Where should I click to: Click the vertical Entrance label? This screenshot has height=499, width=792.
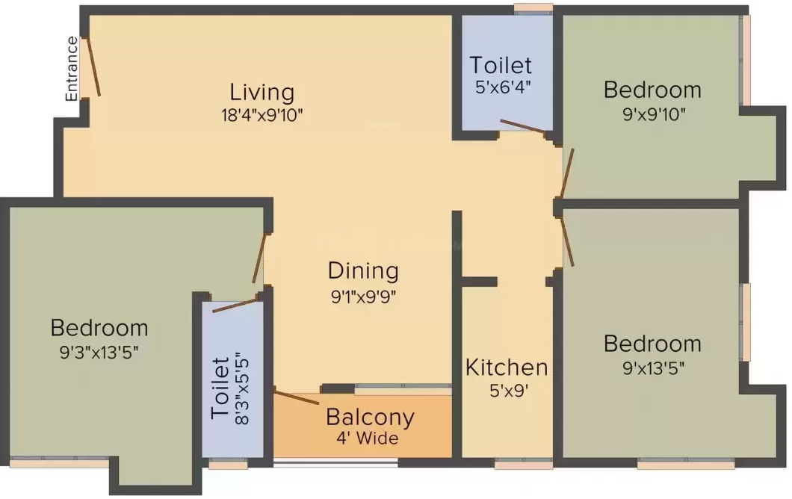coord(72,69)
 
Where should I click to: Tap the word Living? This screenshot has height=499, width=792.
coord(262,92)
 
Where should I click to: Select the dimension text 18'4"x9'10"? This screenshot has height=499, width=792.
coord(262,115)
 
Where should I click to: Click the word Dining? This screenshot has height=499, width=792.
coord(363,271)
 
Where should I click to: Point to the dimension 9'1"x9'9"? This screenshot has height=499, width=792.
coord(363,297)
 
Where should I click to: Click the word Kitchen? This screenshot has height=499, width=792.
coord(507,368)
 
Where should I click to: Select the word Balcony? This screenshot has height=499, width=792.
coord(371,418)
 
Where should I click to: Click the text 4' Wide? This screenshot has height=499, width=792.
coord(367,438)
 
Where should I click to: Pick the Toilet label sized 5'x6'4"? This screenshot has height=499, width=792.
coord(501,65)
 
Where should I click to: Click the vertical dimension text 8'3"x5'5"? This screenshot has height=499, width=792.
coord(242,389)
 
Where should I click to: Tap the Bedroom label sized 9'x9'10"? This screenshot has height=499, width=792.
coord(652,90)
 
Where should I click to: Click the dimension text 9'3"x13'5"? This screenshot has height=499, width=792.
coord(99,352)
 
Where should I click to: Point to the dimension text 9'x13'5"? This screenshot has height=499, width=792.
coord(654,369)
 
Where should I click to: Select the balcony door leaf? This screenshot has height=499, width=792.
coord(297,397)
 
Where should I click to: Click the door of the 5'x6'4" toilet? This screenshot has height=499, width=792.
coord(523,126)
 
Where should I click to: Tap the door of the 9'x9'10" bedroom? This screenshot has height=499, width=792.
coord(567,173)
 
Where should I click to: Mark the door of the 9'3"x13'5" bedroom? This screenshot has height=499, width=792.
coord(259,258)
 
